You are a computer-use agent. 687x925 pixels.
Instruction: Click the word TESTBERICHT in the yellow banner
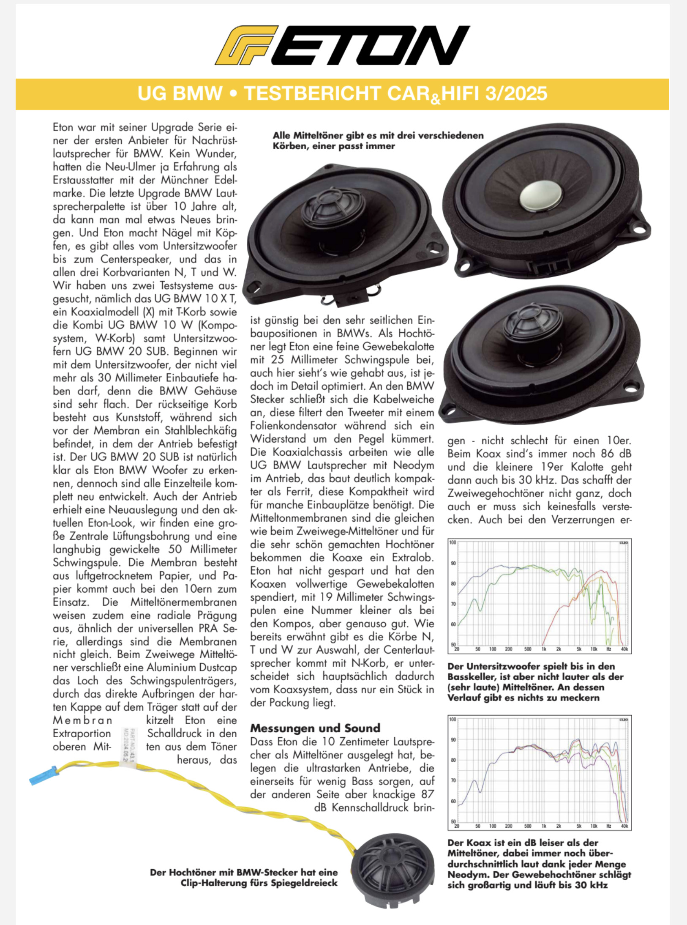tap(313, 93)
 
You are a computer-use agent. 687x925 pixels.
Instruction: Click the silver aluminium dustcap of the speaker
tap(540, 195)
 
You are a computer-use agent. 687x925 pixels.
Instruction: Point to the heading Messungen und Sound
tap(315, 728)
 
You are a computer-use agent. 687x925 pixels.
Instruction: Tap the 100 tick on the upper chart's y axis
tap(453, 542)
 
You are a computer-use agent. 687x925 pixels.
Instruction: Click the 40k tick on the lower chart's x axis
tap(624, 826)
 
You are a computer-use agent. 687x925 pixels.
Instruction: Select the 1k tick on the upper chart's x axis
tap(544, 649)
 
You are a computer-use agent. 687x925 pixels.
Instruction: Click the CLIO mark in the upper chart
tap(623, 542)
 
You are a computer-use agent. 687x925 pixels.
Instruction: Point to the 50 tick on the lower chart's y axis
tap(453, 821)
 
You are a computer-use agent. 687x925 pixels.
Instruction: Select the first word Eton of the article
tap(63, 127)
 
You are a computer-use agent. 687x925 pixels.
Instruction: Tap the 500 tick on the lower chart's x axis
tap(527, 826)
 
